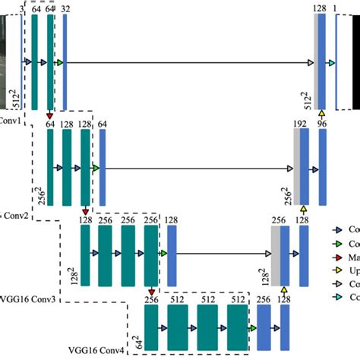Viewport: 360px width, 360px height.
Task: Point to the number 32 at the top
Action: (66, 8)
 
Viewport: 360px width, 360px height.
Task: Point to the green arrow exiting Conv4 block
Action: (252, 327)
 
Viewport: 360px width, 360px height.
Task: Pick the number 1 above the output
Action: (334, 8)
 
